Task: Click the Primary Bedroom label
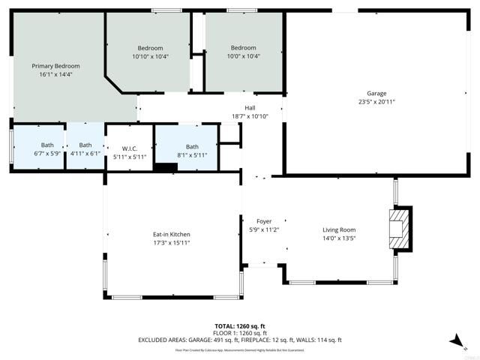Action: (55, 66)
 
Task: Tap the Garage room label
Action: (377, 94)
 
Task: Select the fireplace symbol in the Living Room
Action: (400, 229)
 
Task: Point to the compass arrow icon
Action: (455, 341)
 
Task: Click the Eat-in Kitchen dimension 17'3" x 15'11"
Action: (172, 242)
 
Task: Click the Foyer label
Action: (264, 221)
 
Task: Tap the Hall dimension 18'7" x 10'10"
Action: (250, 116)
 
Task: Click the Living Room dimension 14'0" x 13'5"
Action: (339, 238)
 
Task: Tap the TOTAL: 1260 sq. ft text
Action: (240, 325)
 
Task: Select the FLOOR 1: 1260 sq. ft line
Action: (240, 332)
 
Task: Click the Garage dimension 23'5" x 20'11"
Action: (377, 102)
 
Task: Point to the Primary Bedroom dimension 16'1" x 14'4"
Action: (55, 75)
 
